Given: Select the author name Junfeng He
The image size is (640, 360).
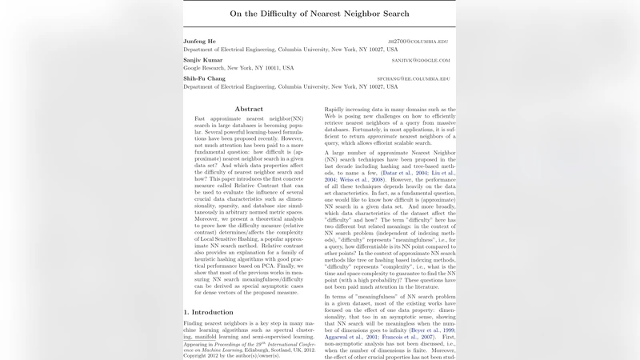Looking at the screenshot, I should pyautogui.click(x=200, y=40).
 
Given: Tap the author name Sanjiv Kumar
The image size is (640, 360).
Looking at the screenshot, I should pyautogui.click(x=203, y=60).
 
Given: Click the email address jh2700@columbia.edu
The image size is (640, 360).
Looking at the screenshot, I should pyautogui.click(x=418, y=41).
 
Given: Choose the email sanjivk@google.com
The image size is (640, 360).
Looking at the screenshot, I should pyautogui.click(x=421, y=60).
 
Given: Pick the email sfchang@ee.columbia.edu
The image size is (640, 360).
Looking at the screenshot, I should pyautogui.click(x=414, y=79).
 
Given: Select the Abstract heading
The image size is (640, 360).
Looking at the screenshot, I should pyautogui.click(x=249, y=109).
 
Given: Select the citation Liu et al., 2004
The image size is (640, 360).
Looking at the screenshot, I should pyautogui.click(x=442, y=172).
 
